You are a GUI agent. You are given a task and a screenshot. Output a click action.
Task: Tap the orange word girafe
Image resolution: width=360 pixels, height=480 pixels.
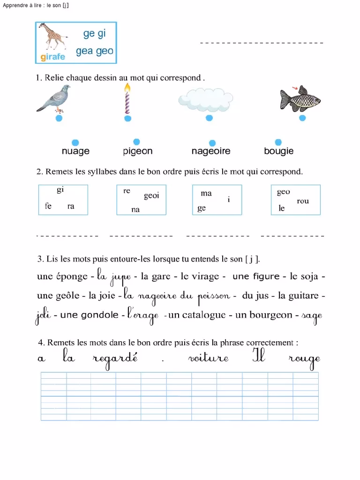point(52,58)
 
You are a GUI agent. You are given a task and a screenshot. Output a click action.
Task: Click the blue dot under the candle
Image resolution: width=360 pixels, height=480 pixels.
point(127,119)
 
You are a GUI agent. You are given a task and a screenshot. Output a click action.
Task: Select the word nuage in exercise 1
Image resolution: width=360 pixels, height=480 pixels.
point(75,151)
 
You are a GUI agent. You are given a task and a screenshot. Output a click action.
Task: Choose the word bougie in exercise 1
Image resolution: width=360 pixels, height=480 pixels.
point(279,151)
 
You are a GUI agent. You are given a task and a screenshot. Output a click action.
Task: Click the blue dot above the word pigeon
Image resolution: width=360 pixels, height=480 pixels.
point(136,142)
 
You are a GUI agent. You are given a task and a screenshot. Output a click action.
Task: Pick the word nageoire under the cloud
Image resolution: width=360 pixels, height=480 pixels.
point(211,151)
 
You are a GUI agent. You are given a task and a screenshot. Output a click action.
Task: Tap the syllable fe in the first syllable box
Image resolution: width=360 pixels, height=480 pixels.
point(48,206)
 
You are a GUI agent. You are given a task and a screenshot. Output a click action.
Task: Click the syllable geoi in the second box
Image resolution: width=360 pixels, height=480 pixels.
point(151,196)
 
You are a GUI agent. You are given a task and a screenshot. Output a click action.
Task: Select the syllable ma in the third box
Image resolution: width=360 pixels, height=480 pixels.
point(206,193)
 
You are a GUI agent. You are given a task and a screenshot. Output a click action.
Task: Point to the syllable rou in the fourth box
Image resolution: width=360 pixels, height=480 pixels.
point(303,201)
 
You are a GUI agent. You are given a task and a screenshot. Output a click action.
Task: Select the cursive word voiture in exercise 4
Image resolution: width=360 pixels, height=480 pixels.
point(208,359)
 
